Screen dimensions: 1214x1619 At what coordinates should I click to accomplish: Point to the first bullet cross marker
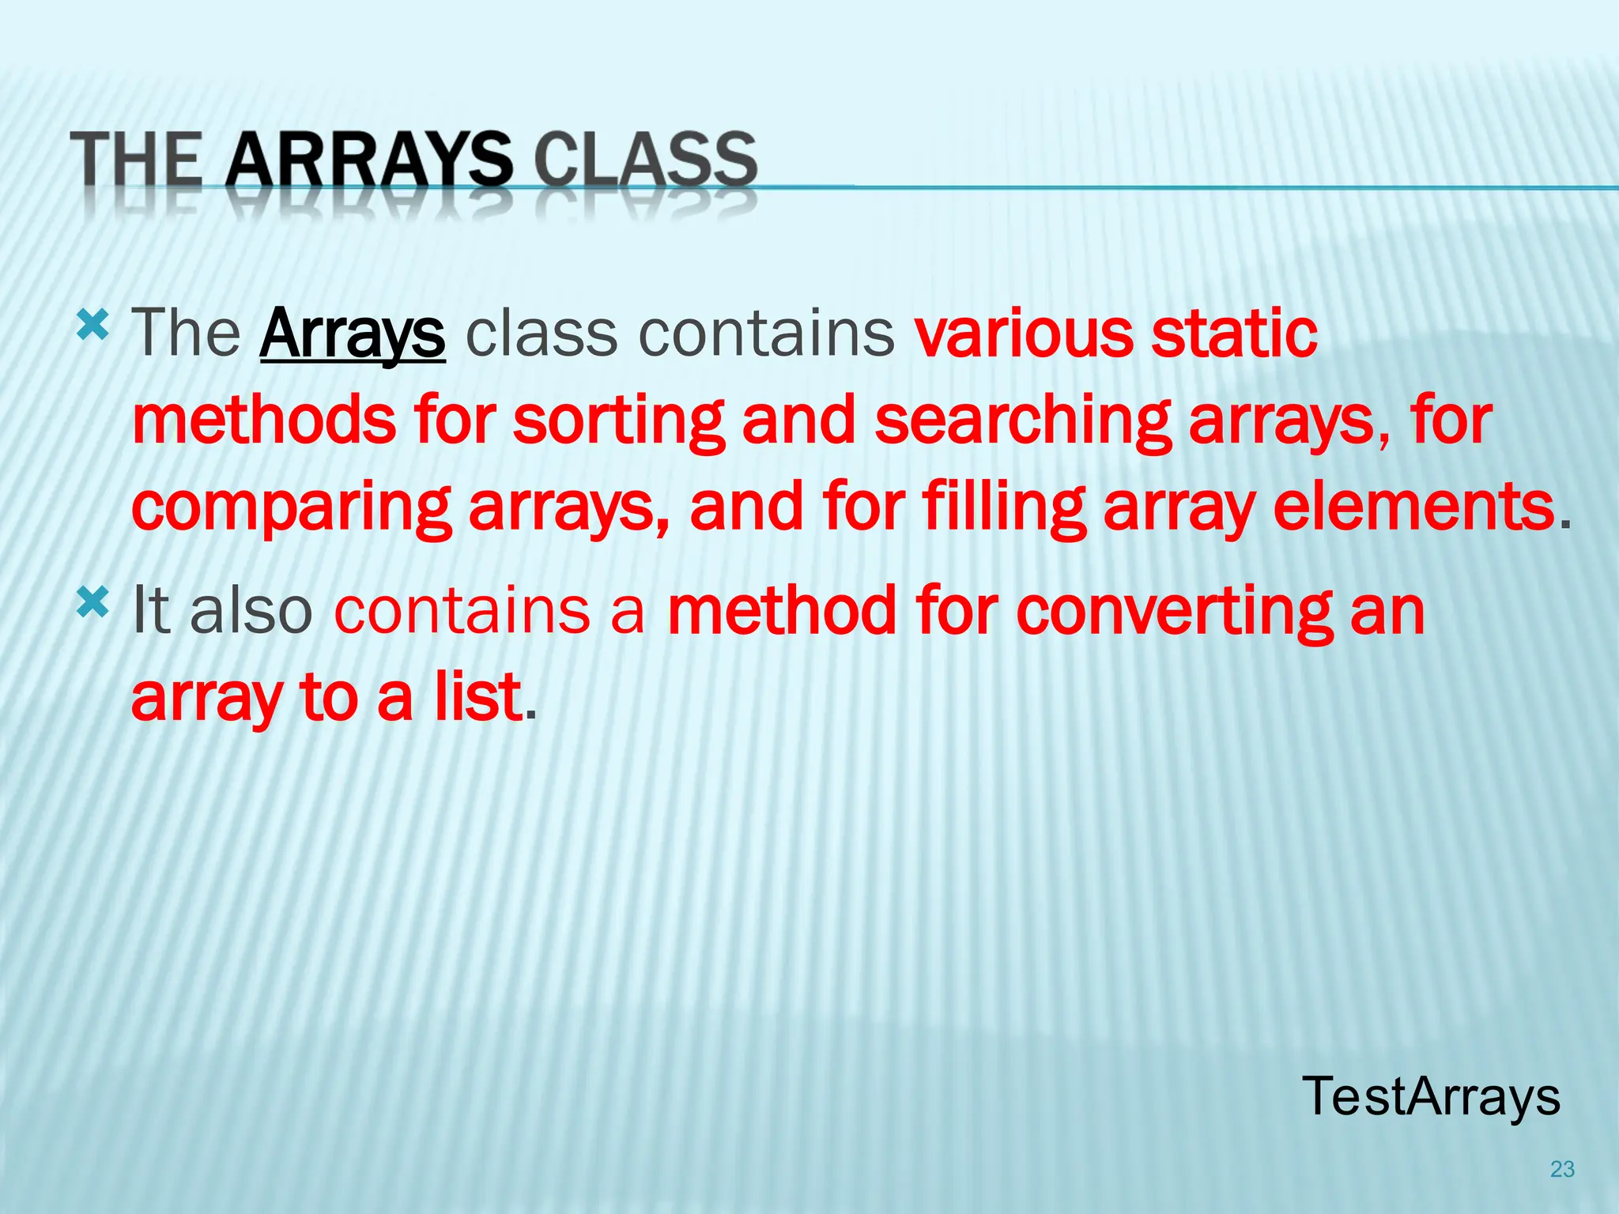point(92,325)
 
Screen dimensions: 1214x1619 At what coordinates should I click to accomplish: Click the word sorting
point(618,420)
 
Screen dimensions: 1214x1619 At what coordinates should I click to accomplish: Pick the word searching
point(1022,420)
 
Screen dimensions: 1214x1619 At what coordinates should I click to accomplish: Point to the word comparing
point(291,507)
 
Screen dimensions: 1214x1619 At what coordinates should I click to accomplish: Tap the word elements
point(1413,507)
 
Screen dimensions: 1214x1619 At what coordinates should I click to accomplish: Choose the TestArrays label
point(1431,1096)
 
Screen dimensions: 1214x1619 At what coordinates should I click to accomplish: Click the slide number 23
point(1562,1169)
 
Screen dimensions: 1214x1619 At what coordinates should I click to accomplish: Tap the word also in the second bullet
point(251,610)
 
